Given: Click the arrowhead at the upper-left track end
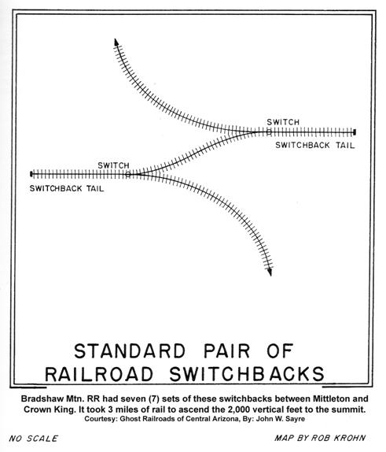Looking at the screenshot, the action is point(116,42).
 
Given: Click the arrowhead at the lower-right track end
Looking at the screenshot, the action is point(270,272).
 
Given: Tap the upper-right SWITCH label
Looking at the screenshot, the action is point(283,122).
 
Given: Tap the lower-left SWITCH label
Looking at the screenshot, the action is point(113,165).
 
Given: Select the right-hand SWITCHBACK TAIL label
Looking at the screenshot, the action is point(315,145).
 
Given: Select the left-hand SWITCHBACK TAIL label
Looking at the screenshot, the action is point(67,188).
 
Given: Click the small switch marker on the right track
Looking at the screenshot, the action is point(269,132).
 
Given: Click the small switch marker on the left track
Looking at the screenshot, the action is point(128,174).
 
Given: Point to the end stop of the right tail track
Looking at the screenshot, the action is point(355,132).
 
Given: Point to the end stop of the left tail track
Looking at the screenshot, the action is point(31,174).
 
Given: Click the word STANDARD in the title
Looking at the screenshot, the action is point(130,351).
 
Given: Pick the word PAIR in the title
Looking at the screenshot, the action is point(227,351).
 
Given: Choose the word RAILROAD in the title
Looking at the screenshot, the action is point(99,374).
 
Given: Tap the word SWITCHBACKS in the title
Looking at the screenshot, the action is point(247,374).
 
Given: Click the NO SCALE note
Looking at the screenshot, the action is point(33,439).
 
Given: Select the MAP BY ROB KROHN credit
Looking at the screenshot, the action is point(320,438).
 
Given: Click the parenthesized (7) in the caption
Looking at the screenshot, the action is point(154,399).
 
